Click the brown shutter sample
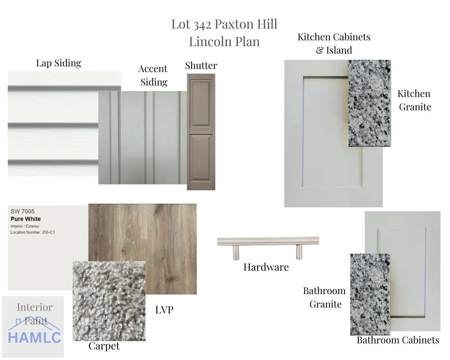(201, 132)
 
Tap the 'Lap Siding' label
(58, 63)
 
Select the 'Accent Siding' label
(153, 75)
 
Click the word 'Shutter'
(201, 65)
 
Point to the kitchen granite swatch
(369, 103)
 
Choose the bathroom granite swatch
(370, 294)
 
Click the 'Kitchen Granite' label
(415, 100)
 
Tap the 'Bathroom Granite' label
(325, 298)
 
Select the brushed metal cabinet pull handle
(268, 247)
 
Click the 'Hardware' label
(266, 267)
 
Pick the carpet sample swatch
(109, 301)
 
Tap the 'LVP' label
(164, 310)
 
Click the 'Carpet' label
(104, 346)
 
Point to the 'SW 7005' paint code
(22, 211)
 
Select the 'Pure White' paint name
(25, 219)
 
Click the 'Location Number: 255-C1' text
(33, 232)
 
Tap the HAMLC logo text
(34, 338)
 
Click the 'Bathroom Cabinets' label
(398, 340)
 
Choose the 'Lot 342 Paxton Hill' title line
(225, 25)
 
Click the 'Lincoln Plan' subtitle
(225, 42)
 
